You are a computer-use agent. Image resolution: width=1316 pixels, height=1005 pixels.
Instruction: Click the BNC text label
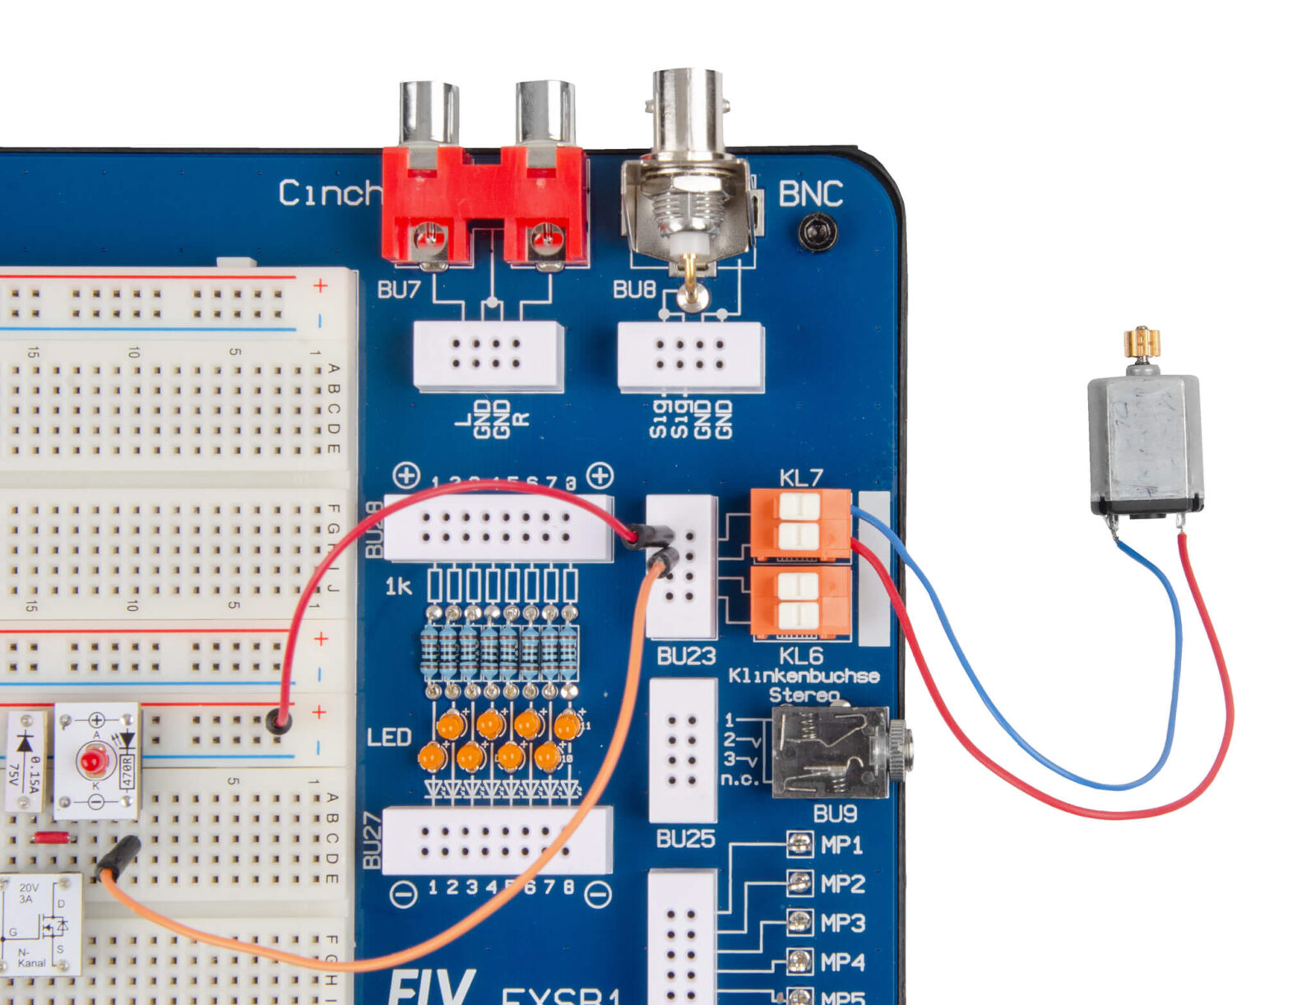pyautogui.click(x=810, y=194)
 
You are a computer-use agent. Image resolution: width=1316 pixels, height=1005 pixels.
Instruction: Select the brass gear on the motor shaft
pyautogui.click(x=1142, y=342)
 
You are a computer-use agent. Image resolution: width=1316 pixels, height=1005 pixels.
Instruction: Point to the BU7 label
pyautogui.click(x=399, y=289)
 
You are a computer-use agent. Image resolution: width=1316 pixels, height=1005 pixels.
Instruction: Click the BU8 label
pyautogui.click(x=634, y=289)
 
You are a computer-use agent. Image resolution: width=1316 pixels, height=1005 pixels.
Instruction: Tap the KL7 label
pyautogui.click(x=800, y=478)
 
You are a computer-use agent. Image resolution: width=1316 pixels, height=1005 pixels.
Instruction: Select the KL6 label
pyautogui.click(x=800, y=655)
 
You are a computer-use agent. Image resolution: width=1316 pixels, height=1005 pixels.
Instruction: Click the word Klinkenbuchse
pyautogui.click(x=804, y=676)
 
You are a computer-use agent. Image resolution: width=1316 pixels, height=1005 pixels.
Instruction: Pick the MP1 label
pyautogui.click(x=842, y=845)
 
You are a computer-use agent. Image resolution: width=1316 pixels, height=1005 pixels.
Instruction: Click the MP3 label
pyautogui.click(x=842, y=923)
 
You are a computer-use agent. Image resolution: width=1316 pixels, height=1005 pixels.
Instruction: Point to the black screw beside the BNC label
pyautogui.click(x=818, y=232)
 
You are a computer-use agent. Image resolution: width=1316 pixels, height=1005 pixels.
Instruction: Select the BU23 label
pyautogui.click(x=686, y=655)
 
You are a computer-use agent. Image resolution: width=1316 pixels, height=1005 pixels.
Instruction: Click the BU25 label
pyautogui.click(x=685, y=838)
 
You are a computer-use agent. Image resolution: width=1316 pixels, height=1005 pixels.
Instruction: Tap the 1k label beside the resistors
pyautogui.click(x=399, y=586)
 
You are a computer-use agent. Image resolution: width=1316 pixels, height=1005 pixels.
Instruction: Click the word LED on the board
pyautogui.click(x=389, y=736)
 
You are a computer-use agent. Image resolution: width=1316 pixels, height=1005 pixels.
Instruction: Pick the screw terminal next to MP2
pyautogui.click(x=799, y=883)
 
